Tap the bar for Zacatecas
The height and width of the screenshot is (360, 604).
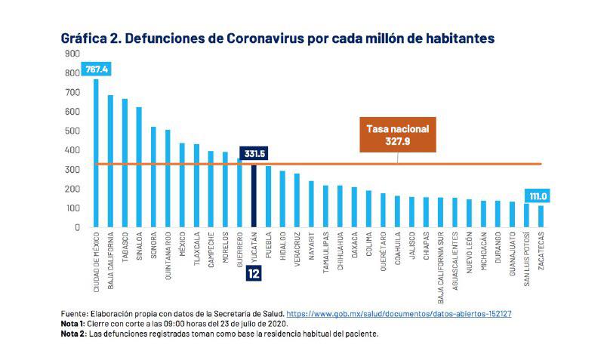[541, 216]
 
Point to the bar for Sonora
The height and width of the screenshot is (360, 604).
[153, 177]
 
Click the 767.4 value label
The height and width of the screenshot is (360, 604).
[97, 69]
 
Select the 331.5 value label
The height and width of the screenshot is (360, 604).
[254, 154]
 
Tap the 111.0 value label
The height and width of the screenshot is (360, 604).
[538, 196]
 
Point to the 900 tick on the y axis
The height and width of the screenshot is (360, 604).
[72, 54]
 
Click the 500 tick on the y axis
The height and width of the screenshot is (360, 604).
[72, 131]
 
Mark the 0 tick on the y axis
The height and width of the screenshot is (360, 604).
[76, 227]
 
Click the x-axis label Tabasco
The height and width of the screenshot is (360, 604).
[125, 246]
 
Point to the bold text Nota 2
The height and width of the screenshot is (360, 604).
[73, 333]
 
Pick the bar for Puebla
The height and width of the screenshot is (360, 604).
[268, 196]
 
